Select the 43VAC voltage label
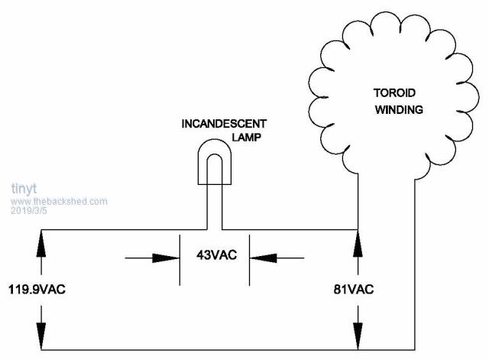[214, 256]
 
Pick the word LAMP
[246, 138]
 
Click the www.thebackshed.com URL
[59, 201]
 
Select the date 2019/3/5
[30, 210]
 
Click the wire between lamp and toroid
[290, 229]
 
